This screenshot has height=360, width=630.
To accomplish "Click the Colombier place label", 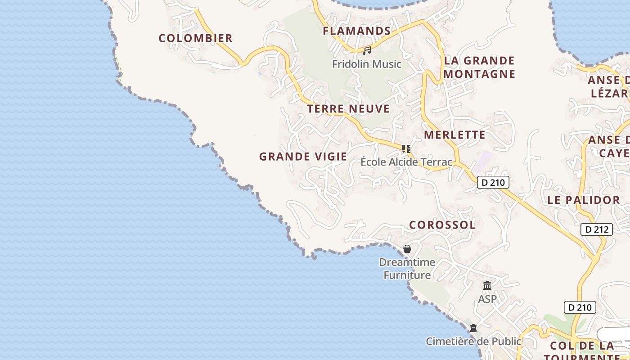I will (195, 38).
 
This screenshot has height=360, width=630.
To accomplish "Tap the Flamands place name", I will (357, 31).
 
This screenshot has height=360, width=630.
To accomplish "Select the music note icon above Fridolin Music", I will (367, 50).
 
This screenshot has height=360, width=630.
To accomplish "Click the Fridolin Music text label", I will (366, 64).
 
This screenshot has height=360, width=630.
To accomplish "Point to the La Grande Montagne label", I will (479, 67).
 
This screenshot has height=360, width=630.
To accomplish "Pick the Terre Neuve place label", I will (348, 109).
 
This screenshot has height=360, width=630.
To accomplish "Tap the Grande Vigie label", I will (303, 157).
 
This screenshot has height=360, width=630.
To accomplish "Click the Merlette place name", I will (454, 135).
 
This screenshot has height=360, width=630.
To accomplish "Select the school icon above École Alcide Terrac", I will (406, 148).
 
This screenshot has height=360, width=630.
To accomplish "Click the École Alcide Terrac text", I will (406, 162).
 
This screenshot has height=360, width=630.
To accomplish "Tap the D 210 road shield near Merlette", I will (493, 182).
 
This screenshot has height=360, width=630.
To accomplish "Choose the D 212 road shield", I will (597, 229).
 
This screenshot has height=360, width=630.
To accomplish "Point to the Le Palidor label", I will (584, 200).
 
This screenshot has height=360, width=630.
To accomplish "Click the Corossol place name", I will (442, 225).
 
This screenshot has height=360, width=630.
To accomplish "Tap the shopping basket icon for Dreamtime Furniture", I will (407, 249).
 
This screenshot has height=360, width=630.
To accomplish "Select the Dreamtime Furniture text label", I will (407, 269).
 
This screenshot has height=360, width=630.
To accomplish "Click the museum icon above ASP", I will (487, 286).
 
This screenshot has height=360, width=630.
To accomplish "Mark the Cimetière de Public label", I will (473, 342).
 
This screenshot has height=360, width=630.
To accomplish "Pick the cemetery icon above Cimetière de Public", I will (473, 328).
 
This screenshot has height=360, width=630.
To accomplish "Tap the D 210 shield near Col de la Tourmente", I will (580, 307).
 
